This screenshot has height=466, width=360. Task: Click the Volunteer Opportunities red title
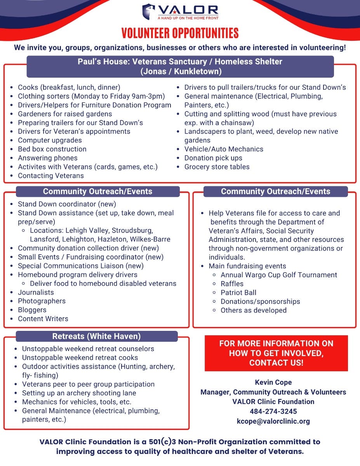click(x=180, y=33)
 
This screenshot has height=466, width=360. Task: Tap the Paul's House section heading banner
click(x=180, y=66)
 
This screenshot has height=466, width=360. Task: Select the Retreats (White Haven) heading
click(x=96, y=336)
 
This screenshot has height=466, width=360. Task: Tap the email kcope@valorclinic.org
click(x=273, y=421)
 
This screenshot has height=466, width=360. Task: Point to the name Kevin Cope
click(x=273, y=383)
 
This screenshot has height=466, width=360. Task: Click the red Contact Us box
click(x=276, y=353)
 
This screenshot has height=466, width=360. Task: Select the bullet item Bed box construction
click(x=52, y=149)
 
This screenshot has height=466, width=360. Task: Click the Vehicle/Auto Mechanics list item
click(x=224, y=149)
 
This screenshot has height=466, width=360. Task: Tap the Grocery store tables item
click(x=217, y=167)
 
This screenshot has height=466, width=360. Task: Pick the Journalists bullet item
click(x=36, y=292)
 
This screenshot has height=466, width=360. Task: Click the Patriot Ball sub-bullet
click(x=238, y=293)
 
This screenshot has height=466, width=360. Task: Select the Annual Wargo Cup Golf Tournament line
click(x=279, y=275)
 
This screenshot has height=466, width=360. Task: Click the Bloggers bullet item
click(x=32, y=310)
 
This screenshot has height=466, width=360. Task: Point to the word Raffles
click(x=232, y=284)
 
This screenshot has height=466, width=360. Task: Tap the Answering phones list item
click(x=47, y=158)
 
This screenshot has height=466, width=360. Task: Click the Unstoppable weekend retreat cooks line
click(x=80, y=358)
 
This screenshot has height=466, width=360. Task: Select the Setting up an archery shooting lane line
click(x=79, y=393)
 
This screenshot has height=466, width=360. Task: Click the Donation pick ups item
click(x=213, y=158)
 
